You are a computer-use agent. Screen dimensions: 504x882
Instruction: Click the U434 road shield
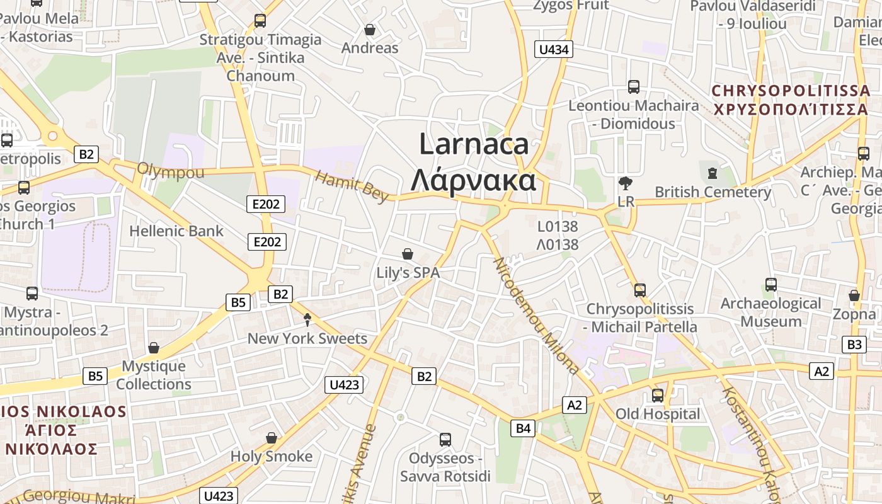click(554, 49)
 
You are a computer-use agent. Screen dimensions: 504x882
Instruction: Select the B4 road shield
click(524, 429)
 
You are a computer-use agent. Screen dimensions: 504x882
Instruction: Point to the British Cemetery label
click(713, 192)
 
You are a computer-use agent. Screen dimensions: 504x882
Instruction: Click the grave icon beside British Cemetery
click(713, 172)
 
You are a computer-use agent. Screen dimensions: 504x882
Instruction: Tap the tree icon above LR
click(626, 183)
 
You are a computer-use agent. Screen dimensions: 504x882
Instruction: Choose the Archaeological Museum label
click(770, 312)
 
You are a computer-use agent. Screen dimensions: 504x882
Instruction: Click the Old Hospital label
click(657, 414)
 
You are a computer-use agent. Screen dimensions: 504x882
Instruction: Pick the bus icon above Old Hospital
click(658, 395)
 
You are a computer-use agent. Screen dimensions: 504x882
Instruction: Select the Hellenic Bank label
click(176, 231)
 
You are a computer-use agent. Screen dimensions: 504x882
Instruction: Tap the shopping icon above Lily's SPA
click(408, 254)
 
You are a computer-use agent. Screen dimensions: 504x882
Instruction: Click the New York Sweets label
click(307, 338)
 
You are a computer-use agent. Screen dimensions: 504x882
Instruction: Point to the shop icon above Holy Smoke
click(272, 437)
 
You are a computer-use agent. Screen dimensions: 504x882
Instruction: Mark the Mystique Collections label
click(154, 375)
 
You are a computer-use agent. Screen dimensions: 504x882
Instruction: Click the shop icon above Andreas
click(370, 30)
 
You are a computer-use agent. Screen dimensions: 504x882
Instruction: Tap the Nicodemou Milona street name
click(535, 315)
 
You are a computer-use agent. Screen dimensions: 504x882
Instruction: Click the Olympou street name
click(171, 170)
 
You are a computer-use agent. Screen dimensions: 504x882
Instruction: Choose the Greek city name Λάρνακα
click(473, 180)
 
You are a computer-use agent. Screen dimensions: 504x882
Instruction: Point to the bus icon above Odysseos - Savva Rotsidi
click(445, 439)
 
